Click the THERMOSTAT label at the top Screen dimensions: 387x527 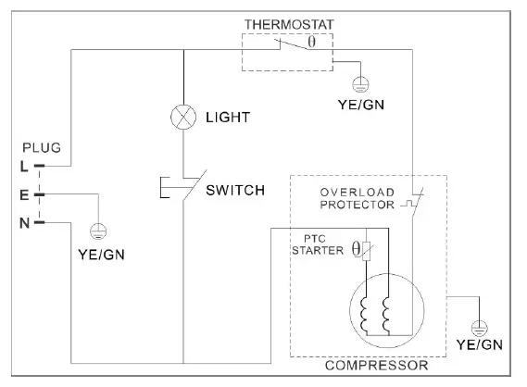[x=287, y=22]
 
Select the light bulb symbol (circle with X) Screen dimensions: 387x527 [x=183, y=118]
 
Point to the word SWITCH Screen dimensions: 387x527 [x=235, y=191]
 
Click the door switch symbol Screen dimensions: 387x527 [x=175, y=188]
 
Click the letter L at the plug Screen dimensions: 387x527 [x=24, y=167]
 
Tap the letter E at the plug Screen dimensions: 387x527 [x=24, y=195]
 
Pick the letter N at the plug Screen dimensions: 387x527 [x=24, y=223]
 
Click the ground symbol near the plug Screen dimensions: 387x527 [x=97, y=231]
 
